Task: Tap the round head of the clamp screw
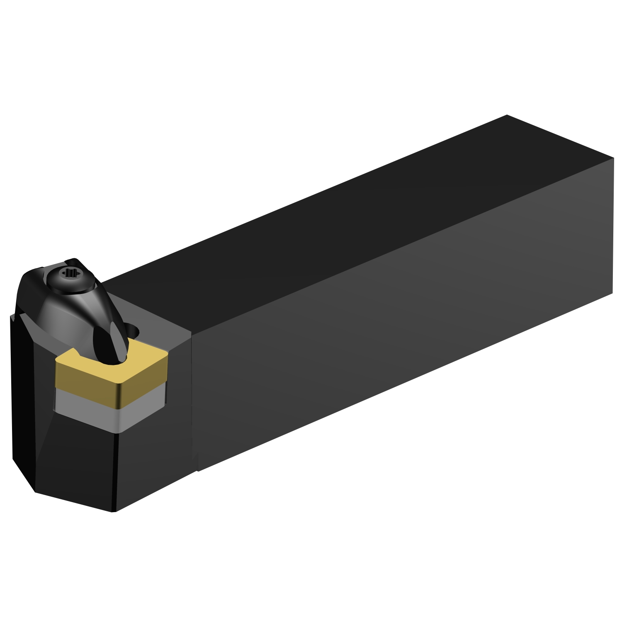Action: (68, 277)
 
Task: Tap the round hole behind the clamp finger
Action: (134, 330)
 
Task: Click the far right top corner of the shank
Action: (613, 158)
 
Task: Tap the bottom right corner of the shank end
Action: (612, 293)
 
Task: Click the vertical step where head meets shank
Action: (194, 398)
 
